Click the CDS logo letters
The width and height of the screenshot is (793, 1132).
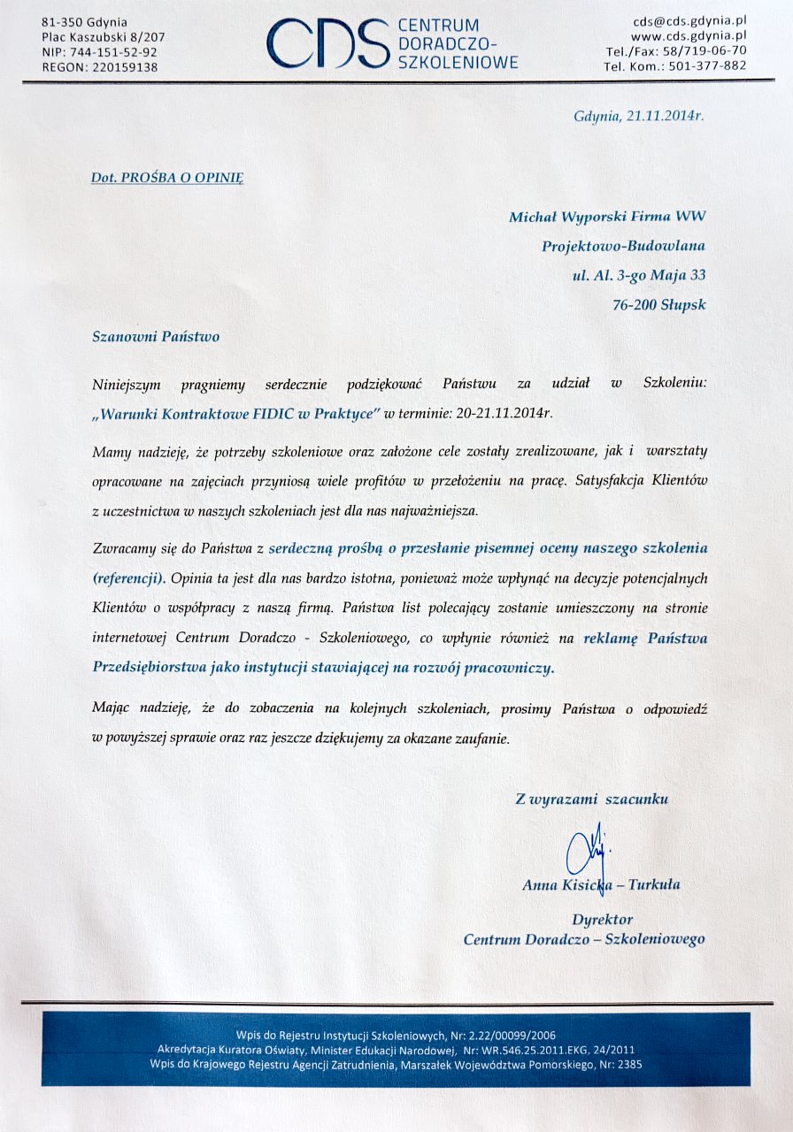click(327, 43)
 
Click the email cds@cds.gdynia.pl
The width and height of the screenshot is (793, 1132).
click(689, 20)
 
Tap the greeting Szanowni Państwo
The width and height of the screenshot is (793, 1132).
click(156, 336)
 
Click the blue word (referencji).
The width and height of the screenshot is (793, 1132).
click(129, 577)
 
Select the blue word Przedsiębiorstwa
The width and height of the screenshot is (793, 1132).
click(149, 668)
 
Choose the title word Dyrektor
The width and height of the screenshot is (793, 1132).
click(602, 920)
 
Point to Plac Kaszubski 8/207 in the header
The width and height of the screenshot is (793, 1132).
click(103, 36)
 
